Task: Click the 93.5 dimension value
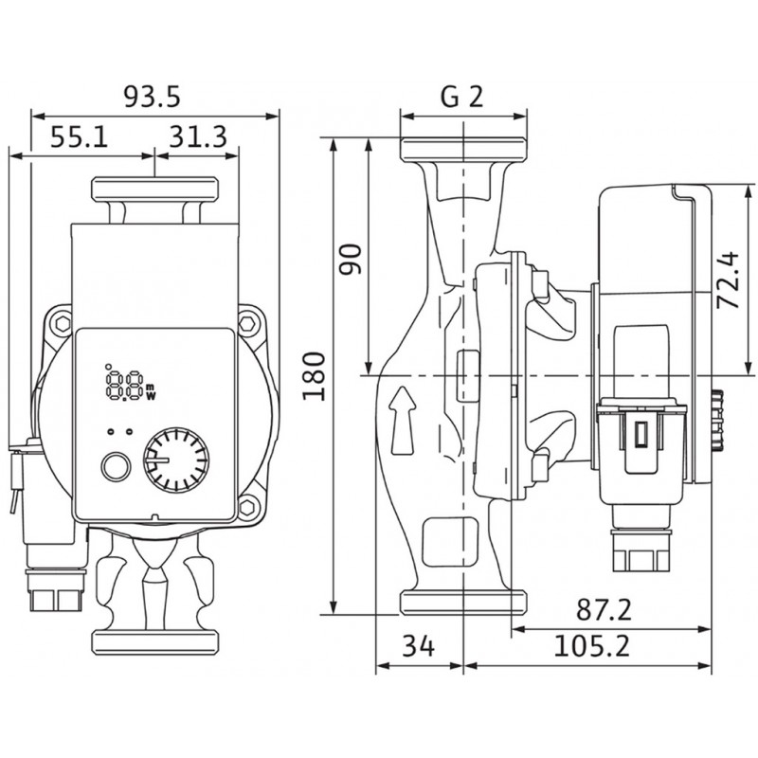[153, 97]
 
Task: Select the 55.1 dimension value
[79, 138]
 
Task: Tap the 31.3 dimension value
[198, 138]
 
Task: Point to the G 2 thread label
[463, 98]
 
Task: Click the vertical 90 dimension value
[352, 258]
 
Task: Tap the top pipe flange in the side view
[463, 150]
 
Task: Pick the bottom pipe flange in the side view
[463, 603]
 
